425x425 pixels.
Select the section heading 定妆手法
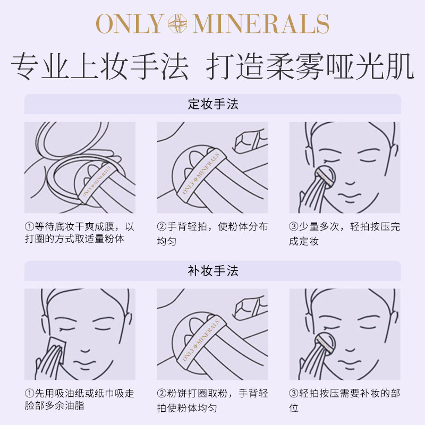(x=212, y=104)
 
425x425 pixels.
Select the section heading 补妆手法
(x=212, y=271)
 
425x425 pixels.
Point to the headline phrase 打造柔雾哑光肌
(x=310, y=67)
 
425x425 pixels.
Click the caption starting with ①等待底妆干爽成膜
(x=80, y=233)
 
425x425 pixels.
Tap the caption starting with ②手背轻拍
(x=212, y=233)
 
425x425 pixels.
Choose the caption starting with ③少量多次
(x=344, y=233)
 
